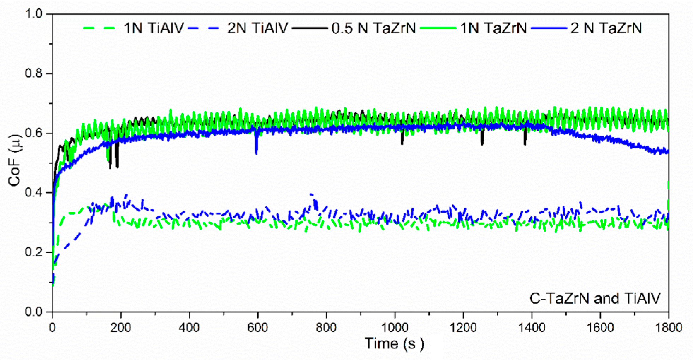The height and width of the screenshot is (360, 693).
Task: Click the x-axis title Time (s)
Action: tap(394, 343)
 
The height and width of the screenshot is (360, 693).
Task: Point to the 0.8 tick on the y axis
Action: tap(34, 73)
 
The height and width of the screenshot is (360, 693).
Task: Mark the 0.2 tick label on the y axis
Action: tap(34, 252)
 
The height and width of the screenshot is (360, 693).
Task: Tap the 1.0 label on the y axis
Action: tap(34, 14)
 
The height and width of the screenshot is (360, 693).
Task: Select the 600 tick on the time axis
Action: tap(257, 328)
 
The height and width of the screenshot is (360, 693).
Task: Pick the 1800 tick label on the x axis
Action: tap(668, 328)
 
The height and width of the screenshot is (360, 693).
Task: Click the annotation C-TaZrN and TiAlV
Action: tap(595, 299)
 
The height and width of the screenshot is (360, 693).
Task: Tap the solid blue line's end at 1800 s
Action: tap(667, 152)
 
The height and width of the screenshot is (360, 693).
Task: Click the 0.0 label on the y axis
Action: tap(34, 312)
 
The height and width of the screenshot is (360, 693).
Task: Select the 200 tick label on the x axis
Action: tap(121, 328)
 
